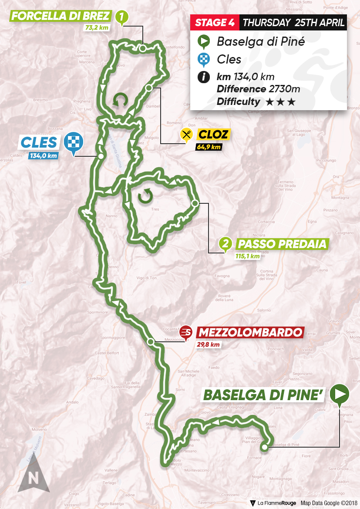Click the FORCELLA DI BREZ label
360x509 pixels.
coord(61,17)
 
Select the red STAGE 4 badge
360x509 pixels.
coord(215,23)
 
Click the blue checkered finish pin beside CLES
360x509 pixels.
coord(72,142)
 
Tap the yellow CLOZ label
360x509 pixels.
coord(212,135)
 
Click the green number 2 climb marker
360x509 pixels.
coord(225,244)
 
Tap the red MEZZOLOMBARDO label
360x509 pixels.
coord(249,333)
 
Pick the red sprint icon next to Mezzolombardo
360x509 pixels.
coord(186,333)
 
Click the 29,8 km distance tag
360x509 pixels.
coord(208,345)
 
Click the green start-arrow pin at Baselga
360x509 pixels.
coord(340,394)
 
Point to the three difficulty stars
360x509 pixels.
coord(280,102)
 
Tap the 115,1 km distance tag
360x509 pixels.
coord(247,256)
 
